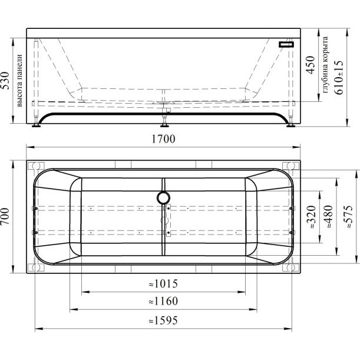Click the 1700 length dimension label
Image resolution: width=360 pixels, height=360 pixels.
point(163,139)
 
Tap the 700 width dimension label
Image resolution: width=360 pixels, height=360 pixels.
point(5,216)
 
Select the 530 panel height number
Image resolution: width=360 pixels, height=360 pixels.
point(5,80)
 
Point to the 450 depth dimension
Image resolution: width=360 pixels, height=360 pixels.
point(311,65)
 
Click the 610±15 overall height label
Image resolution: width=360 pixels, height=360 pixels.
point(339,77)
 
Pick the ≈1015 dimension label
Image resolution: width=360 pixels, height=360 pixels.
point(163,284)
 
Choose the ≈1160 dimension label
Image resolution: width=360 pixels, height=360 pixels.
point(163,301)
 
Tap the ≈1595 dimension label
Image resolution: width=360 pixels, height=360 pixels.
point(163,321)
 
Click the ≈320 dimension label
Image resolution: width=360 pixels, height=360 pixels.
point(312,217)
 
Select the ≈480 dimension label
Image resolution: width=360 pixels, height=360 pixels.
point(328,217)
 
